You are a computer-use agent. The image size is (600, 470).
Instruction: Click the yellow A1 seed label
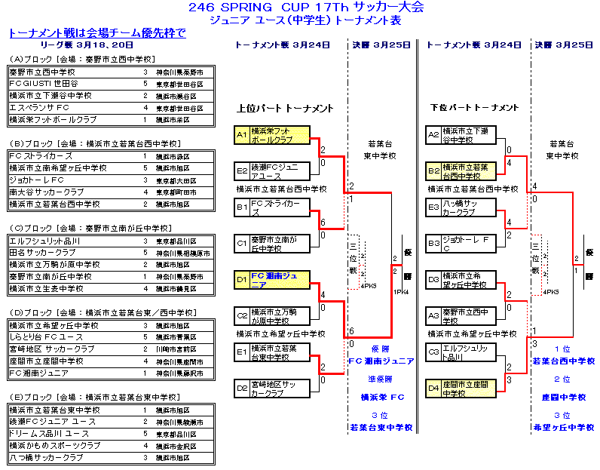(241, 135)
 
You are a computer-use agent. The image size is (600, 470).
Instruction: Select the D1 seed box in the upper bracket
(241, 281)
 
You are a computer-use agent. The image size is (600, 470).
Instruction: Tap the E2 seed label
(241, 170)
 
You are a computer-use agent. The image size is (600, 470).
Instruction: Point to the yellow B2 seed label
(433, 170)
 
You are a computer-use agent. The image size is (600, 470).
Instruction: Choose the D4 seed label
(433, 388)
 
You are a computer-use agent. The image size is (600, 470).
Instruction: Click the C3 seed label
(433, 352)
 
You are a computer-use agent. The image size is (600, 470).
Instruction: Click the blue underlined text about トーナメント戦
(97, 33)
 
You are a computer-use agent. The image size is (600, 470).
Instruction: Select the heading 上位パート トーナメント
(284, 109)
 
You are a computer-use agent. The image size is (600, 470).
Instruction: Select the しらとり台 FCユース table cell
(45, 337)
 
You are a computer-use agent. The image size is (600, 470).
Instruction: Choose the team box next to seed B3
(470, 243)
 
